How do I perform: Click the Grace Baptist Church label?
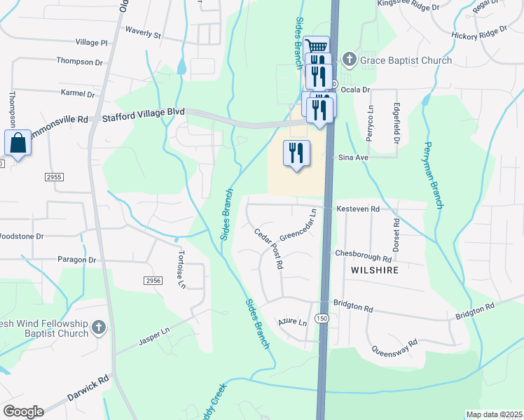click(406, 60)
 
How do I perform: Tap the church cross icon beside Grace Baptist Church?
click(350, 60)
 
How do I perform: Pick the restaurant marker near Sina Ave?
click(296, 153)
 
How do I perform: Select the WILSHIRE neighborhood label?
click(376, 270)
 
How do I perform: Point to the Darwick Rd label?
click(88, 387)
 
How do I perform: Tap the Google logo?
click(23, 411)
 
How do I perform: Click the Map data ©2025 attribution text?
click(493, 414)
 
